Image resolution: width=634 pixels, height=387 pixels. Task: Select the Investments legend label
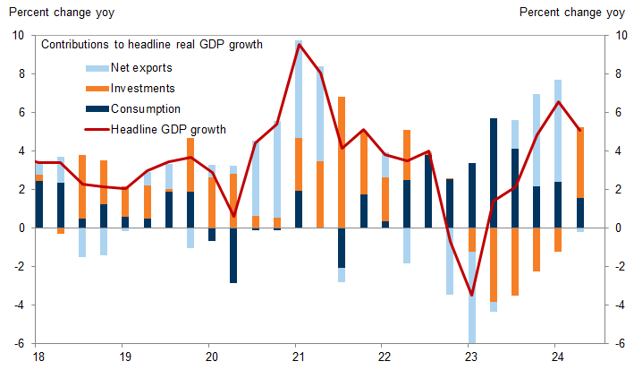[142, 88]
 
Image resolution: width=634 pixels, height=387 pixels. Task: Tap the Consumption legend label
[146, 108]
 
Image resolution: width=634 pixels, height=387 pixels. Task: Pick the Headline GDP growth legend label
[168, 129]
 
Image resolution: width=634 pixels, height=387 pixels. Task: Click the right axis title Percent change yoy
[571, 13]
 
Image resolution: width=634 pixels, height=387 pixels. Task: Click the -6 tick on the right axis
[616, 344]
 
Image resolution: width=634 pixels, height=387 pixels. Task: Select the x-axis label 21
[298, 357]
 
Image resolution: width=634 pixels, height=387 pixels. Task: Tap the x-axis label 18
[38, 357]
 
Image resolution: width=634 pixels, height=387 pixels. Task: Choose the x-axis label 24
[556, 357]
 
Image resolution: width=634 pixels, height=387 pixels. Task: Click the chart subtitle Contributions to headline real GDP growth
[151, 45]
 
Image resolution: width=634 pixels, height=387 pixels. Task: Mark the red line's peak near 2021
[299, 44]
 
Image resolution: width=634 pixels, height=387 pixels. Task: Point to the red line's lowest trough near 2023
[471, 295]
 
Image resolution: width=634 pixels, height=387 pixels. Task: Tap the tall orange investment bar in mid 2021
[342, 161]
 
